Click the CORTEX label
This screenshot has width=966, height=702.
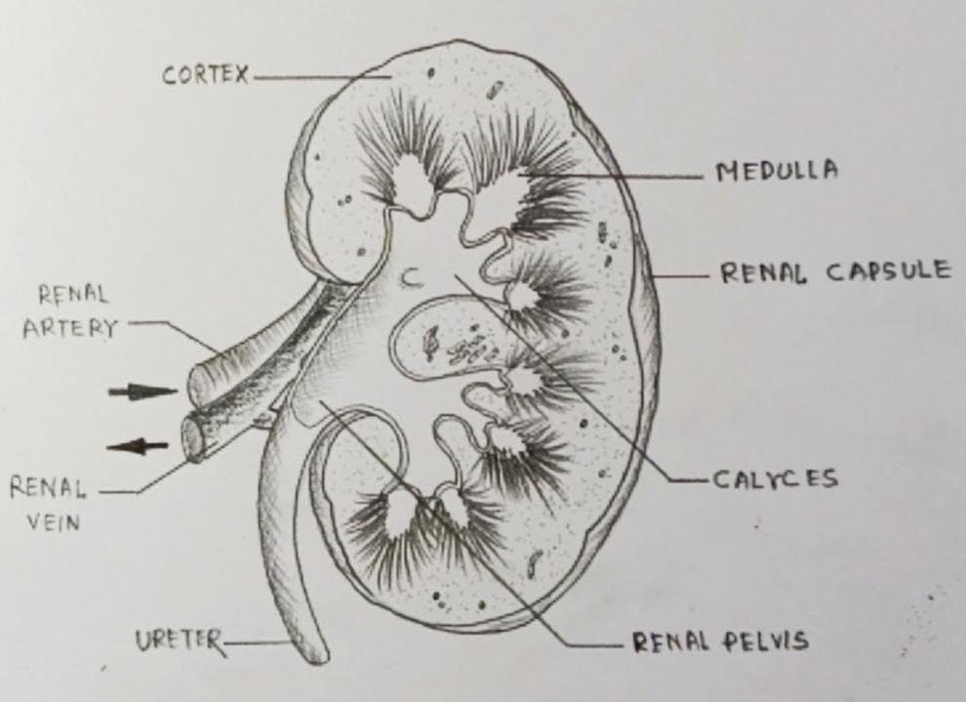[x=206, y=75]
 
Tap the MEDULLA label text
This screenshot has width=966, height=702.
[x=777, y=172]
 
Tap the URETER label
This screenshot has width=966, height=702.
[x=179, y=641]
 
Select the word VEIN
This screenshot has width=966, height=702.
[x=53, y=522]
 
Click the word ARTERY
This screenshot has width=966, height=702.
[x=69, y=328]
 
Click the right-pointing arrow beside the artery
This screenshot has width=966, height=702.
[x=141, y=392]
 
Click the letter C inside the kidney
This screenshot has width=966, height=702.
[x=411, y=280]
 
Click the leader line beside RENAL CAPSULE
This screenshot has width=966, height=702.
[x=683, y=275]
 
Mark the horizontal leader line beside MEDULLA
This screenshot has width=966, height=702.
[x=634, y=177]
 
